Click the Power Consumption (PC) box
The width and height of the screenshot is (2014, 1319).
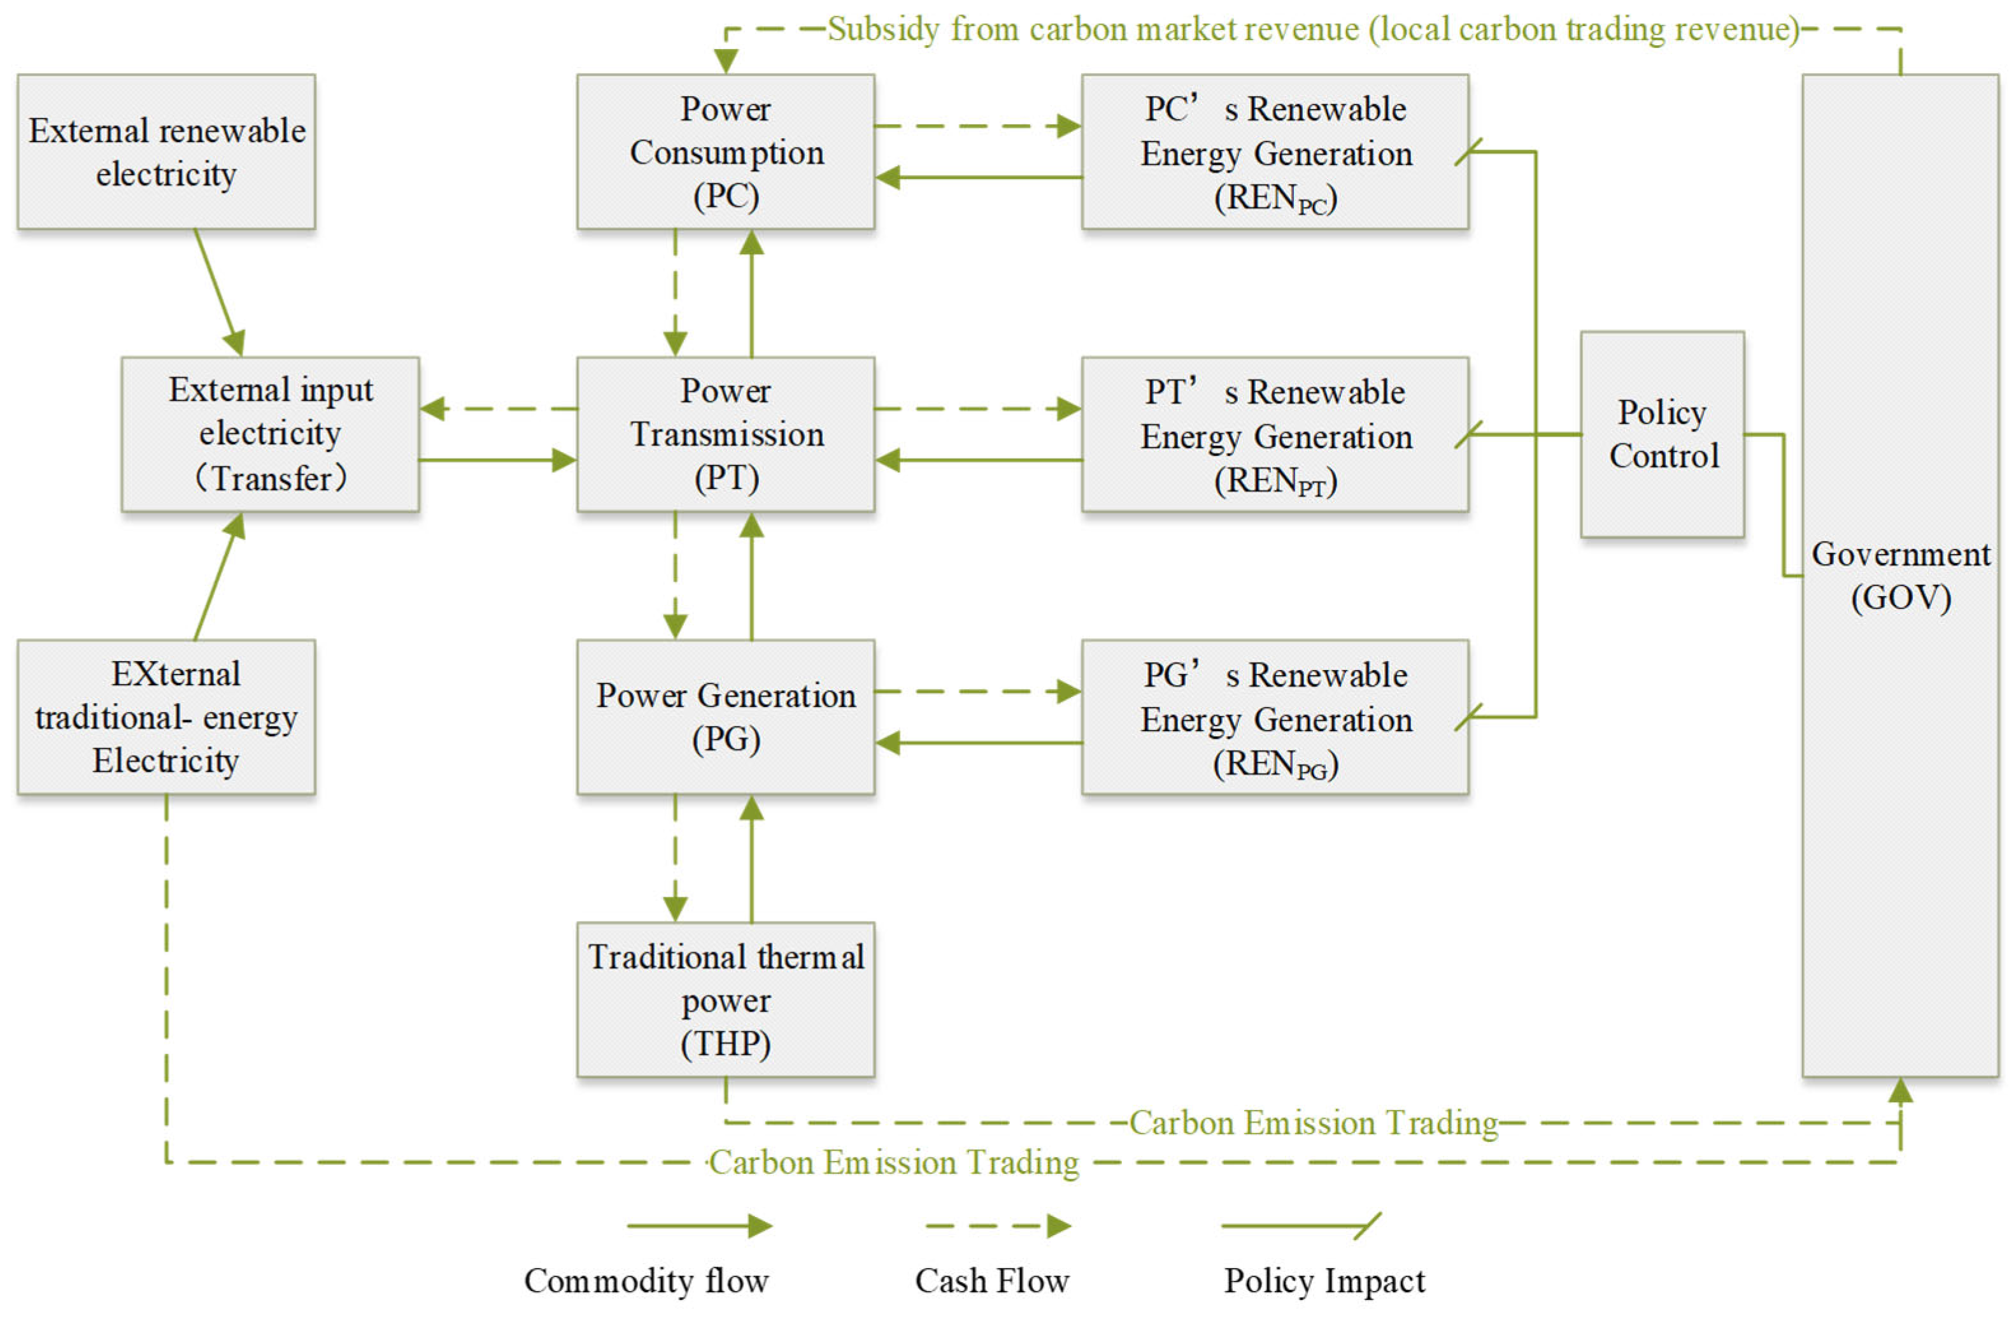(725, 152)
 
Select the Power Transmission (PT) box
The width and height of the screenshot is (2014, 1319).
(725, 434)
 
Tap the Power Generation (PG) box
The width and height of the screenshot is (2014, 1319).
(725, 717)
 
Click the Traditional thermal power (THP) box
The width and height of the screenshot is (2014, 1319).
(725, 999)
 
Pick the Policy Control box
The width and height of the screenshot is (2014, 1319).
(1662, 434)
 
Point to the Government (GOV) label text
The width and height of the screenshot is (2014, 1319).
(1900, 576)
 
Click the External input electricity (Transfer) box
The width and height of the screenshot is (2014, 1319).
(270, 434)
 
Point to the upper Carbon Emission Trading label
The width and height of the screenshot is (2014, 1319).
(1314, 1123)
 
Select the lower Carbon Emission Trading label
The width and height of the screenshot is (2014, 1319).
(893, 1162)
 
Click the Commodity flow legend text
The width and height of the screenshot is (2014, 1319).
(646, 1280)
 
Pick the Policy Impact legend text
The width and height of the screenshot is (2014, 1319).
(1324, 1280)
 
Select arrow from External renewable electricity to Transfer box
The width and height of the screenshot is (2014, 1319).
(219, 292)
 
